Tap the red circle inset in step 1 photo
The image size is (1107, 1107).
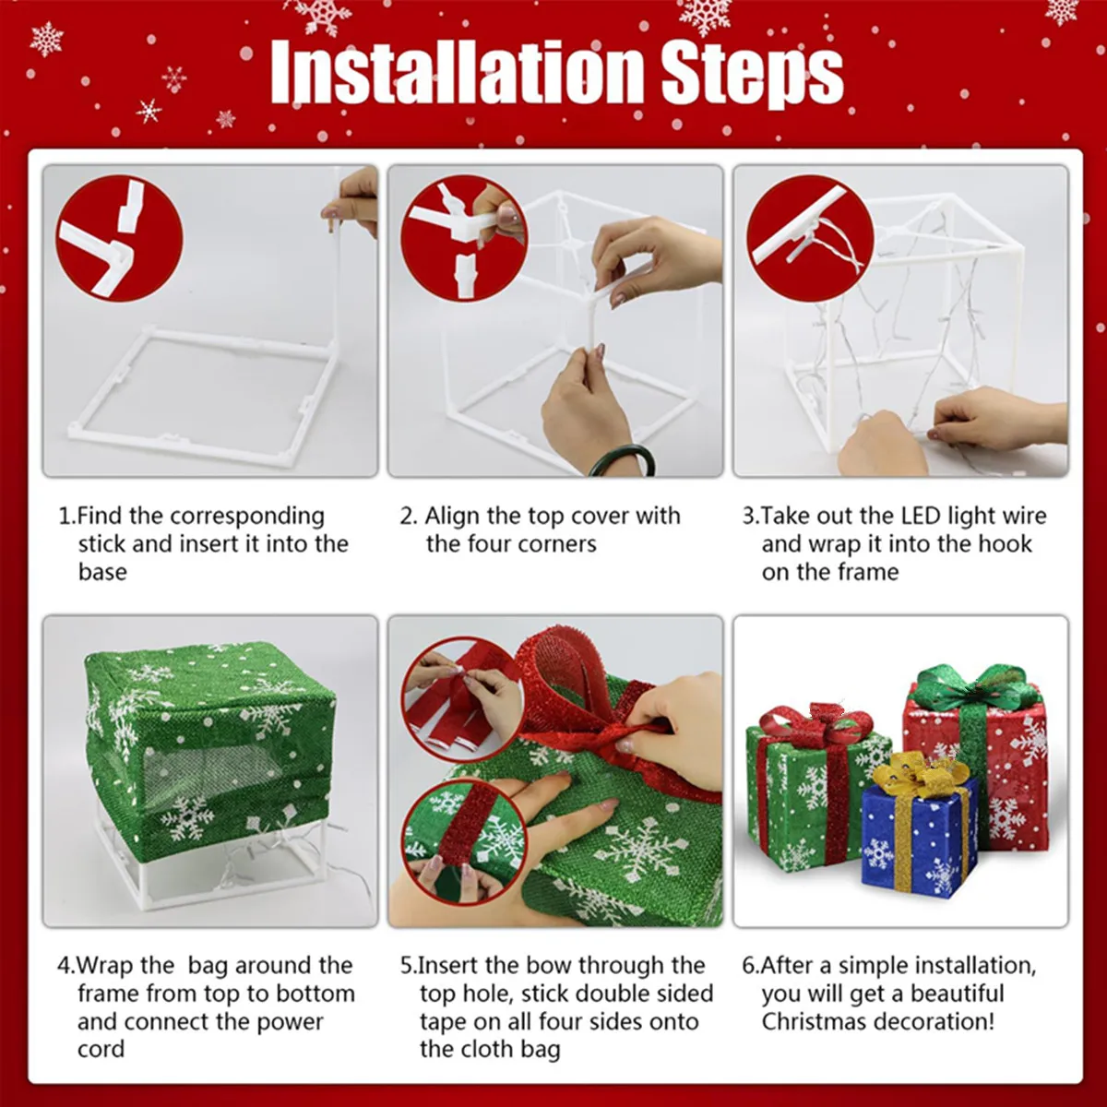119,238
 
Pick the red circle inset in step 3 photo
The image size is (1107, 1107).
810,238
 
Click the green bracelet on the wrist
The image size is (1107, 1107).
623,458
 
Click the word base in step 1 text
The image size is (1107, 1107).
102,572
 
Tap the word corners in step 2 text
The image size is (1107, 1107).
557,544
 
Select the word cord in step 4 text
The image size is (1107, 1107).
101,1049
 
